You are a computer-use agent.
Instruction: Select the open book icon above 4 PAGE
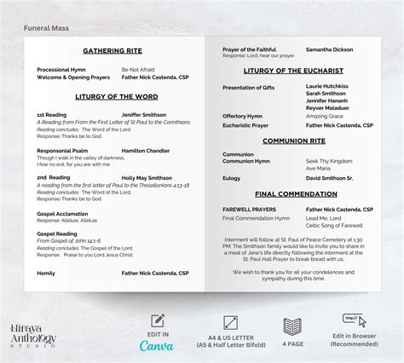292,325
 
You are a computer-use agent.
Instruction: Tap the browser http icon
349,320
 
